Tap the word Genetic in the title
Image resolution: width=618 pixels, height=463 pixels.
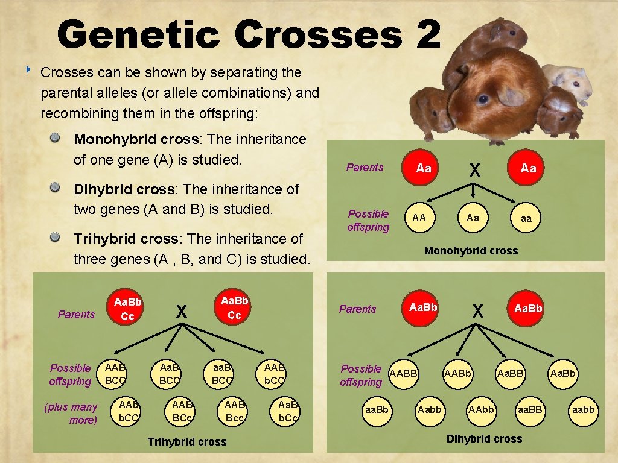[x=138, y=34]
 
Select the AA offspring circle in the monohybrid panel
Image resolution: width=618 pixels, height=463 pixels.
[x=419, y=218]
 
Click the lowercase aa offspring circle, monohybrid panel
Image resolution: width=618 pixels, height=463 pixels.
[x=526, y=218]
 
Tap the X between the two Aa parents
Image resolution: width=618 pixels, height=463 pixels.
[x=475, y=171]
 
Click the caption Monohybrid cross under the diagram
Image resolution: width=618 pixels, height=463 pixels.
[x=471, y=251]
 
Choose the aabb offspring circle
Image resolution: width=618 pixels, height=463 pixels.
[x=584, y=410]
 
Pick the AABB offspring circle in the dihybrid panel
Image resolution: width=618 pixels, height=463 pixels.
[x=404, y=374]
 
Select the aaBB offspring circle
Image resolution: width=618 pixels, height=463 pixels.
[x=529, y=410]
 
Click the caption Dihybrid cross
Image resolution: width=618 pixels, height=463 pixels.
[x=484, y=439]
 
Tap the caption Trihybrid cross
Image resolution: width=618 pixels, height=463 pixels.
[x=187, y=442]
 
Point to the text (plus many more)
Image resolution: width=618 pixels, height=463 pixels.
[x=71, y=414]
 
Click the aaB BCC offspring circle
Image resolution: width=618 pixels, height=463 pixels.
[x=221, y=373]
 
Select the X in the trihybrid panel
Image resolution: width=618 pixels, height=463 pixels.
[x=180, y=311]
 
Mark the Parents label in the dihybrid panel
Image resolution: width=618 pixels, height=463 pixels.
[x=357, y=309]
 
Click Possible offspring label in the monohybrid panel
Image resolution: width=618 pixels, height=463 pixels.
[x=368, y=220]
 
